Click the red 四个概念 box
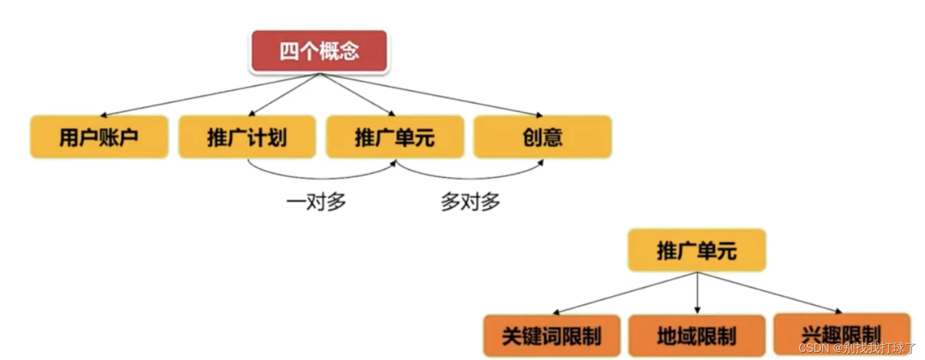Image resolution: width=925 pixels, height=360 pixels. [x=319, y=51]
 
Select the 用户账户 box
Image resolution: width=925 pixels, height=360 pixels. [x=99, y=137]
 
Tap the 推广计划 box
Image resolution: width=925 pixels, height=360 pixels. [x=247, y=137]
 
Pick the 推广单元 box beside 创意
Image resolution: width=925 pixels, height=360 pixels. [x=395, y=137]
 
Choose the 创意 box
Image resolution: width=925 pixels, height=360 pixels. [x=543, y=137]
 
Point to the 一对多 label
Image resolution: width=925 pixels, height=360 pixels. [x=316, y=202]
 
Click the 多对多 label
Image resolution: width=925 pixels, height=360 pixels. [x=470, y=202]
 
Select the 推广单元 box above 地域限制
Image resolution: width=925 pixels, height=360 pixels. [x=697, y=250]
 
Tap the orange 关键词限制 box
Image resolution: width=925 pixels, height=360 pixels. [x=551, y=336]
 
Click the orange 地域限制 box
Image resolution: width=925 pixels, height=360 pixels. [x=697, y=336]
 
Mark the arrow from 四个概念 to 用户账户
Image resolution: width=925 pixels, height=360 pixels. [x=210, y=95]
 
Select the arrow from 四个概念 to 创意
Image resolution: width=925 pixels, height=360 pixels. [x=432, y=95]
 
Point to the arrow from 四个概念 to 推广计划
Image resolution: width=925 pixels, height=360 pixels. [x=284, y=94]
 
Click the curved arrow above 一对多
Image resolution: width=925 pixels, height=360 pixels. [x=321, y=178]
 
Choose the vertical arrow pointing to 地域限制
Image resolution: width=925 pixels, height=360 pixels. [x=697, y=293]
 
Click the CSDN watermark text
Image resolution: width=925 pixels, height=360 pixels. [x=857, y=348]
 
